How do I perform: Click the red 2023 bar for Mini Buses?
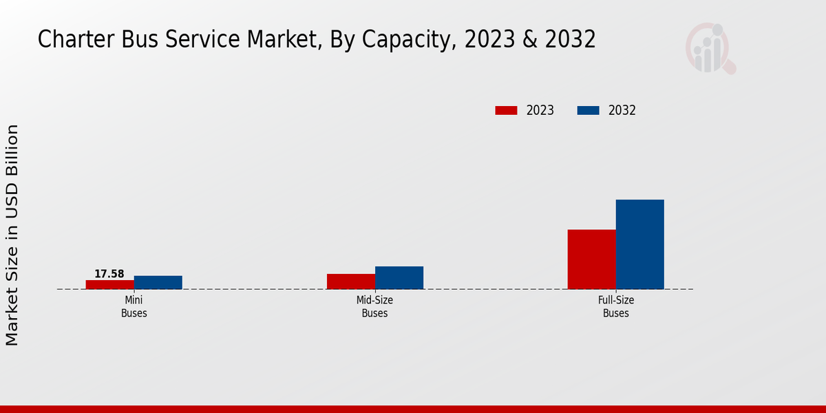pyautogui.click(x=110, y=284)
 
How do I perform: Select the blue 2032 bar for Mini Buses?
pyautogui.click(x=158, y=282)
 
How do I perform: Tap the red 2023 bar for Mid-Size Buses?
pyautogui.click(x=351, y=282)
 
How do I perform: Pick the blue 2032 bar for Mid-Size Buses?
pyautogui.click(x=399, y=277)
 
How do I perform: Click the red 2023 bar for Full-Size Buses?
pyautogui.click(x=591, y=259)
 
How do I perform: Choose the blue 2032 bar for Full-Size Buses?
pyautogui.click(x=640, y=244)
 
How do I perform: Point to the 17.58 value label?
pyautogui.click(x=109, y=274)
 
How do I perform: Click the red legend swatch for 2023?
pyautogui.click(x=506, y=110)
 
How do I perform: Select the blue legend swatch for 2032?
pyautogui.click(x=588, y=110)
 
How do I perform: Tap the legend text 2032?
pyautogui.click(x=622, y=110)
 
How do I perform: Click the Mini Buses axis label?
pyautogui.click(x=134, y=307)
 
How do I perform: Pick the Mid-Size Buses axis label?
pyautogui.click(x=375, y=307)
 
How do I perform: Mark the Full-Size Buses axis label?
pyautogui.click(x=616, y=307)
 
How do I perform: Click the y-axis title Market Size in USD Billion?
pyautogui.click(x=12, y=235)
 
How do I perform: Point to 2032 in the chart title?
pyautogui.click(x=569, y=40)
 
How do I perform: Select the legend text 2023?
pyautogui.click(x=540, y=110)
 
